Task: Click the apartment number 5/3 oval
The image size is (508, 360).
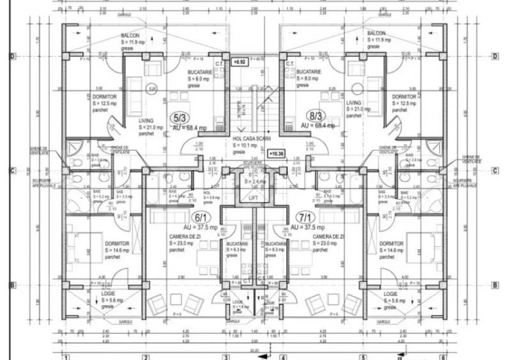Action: pyautogui.click(x=178, y=118)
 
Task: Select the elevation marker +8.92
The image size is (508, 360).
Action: pyautogui.click(x=240, y=63)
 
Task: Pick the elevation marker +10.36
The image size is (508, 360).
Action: pyautogui.click(x=276, y=154)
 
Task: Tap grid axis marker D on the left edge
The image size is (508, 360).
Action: pyautogui.click(x=12, y=56)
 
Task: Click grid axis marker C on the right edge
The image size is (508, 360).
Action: pyautogui.click(x=495, y=171)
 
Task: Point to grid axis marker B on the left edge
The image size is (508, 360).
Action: pyautogui.click(x=12, y=285)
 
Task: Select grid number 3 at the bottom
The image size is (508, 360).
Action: pyautogui.click(x=225, y=356)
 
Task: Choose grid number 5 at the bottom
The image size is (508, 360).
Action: pyautogui.click(x=362, y=356)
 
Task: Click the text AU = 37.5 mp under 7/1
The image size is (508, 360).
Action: pyautogui.click(x=308, y=228)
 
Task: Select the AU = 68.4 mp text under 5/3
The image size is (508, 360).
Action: pyautogui.click(x=190, y=127)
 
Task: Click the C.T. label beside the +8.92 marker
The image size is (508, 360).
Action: pyautogui.click(x=219, y=63)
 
